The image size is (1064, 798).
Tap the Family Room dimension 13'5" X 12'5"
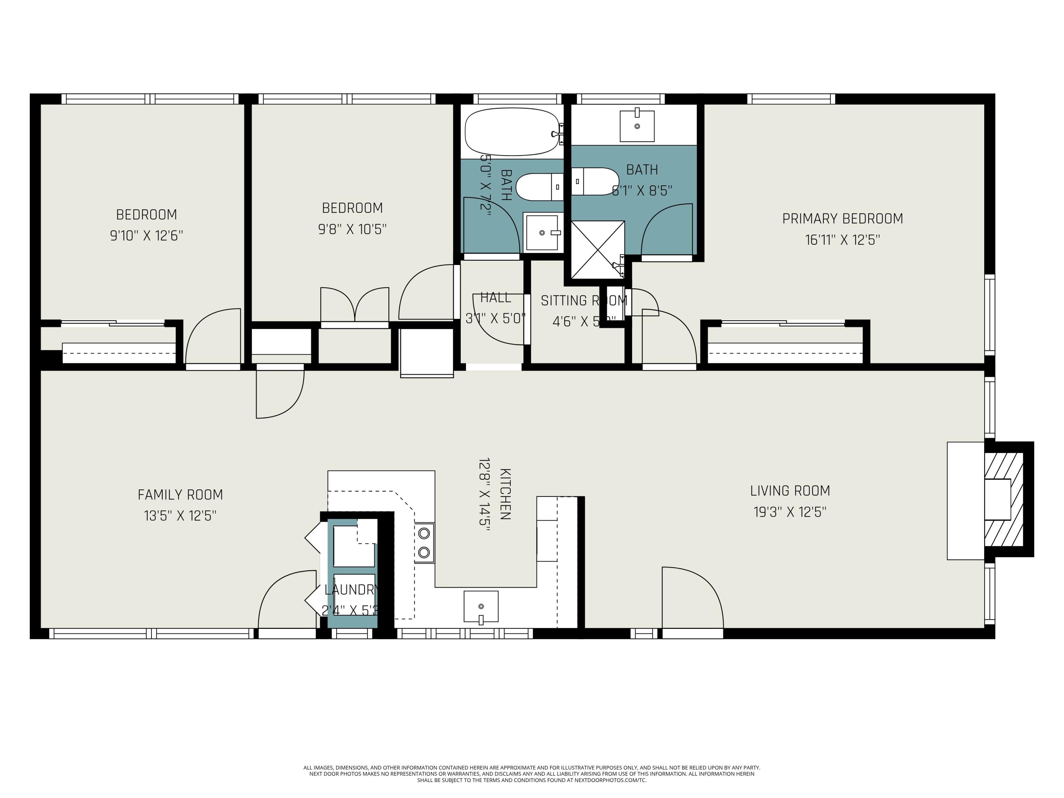(x=180, y=516)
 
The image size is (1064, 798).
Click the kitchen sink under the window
(x=481, y=606)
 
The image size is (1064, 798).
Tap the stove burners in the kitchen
(x=424, y=543)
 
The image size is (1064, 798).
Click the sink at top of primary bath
(x=637, y=126)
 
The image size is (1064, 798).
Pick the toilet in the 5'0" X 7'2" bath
(x=539, y=187)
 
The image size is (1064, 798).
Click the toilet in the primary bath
(x=595, y=181)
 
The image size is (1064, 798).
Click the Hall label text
(x=495, y=298)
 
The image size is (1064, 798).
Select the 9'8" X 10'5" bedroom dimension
(x=352, y=229)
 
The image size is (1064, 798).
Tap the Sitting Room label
(x=583, y=301)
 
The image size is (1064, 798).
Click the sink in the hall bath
(x=542, y=233)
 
